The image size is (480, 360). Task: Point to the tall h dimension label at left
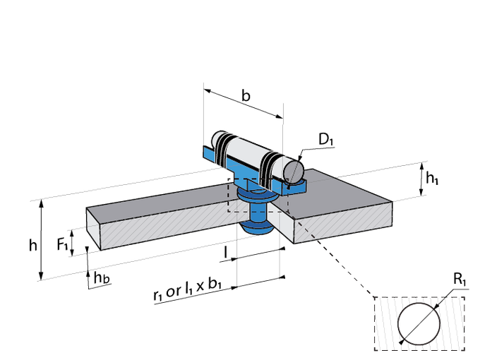[x=32, y=245]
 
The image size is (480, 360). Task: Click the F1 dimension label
[x=62, y=244]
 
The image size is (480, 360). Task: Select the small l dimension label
[x=225, y=251]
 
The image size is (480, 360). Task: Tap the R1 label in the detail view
[x=461, y=282]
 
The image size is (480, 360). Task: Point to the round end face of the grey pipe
[x=293, y=170]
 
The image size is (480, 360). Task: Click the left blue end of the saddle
[x=208, y=154]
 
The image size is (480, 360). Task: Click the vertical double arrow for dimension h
[x=42, y=240]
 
